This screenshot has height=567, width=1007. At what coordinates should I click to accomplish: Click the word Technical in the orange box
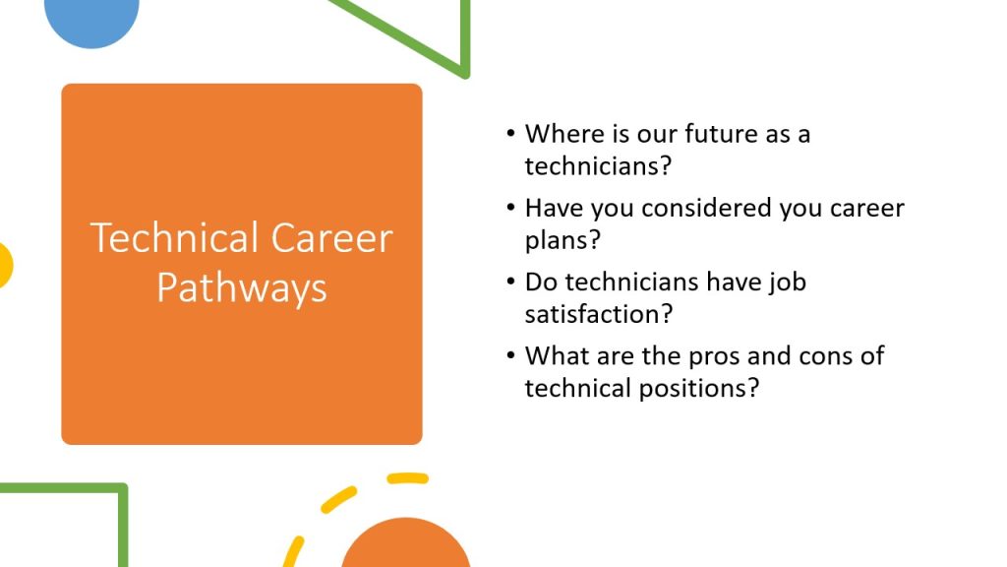pyautogui.click(x=174, y=238)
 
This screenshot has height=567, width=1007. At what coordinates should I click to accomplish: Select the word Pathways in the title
pyautogui.click(x=242, y=288)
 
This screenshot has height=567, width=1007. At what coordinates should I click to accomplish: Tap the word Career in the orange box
pyautogui.click(x=331, y=238)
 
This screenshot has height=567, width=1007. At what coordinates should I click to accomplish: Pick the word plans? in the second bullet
pyautogui.click(x=563, y=240)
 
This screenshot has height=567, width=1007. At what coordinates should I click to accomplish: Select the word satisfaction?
pyautogui.click(x=599, y=314)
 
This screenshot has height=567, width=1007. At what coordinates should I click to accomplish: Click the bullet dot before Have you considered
pyautogui.click(x=510, y=207)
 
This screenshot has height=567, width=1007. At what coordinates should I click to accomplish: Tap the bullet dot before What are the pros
pyautogui.click(x=510, y=354)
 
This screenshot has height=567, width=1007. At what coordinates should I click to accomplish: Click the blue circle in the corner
pyautogui.click(x=91, y=20)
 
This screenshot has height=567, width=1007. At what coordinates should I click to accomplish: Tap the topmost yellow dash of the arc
pyautogui.click(x=407, y=478)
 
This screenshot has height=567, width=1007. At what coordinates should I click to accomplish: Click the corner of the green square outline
pyautogui.click(x=122, y=488)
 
